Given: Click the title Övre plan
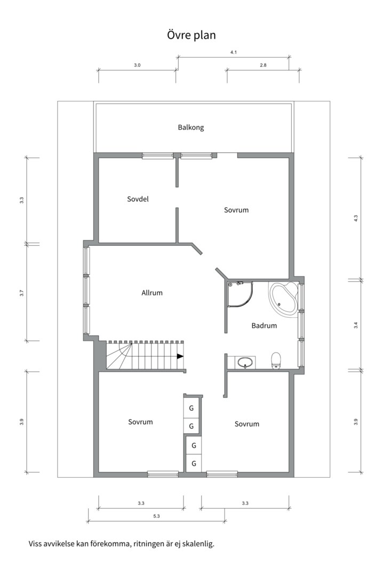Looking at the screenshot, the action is (191, 35).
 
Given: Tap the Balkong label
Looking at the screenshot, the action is (191, 128).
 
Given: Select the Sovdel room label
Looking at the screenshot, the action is (138, 199).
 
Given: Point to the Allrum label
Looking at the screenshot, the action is (152, 293).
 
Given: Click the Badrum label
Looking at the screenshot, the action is (264, 326).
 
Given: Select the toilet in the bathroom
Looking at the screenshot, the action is (276, 360).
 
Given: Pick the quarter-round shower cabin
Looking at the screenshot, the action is (241, 294).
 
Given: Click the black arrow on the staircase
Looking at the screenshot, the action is (180, 356).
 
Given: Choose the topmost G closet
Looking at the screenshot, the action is (191, 408).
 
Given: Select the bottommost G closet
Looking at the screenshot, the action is (194, 463).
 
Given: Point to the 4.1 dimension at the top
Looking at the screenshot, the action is (234, 52).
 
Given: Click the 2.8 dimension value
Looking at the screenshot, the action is (263, 65).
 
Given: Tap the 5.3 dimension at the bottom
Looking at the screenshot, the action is (157, 516).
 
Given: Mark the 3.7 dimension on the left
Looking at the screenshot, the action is (22, 293).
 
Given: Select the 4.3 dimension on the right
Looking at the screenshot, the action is (356, 218).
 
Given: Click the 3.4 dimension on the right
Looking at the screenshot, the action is (356, 325).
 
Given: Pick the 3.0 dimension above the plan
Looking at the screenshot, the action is (137, 65).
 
